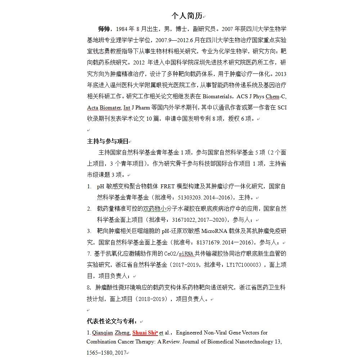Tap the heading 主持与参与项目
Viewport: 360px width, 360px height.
coord(107,141)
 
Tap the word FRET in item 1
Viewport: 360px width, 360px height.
coord(167,186)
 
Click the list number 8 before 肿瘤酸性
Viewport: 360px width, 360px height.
coord(89,288)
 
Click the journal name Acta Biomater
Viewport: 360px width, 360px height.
coord(104,108)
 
